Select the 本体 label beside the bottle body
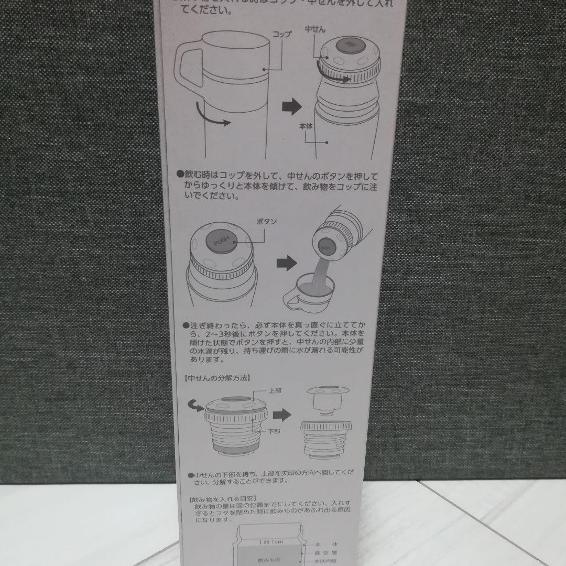[x=307, y=126]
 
